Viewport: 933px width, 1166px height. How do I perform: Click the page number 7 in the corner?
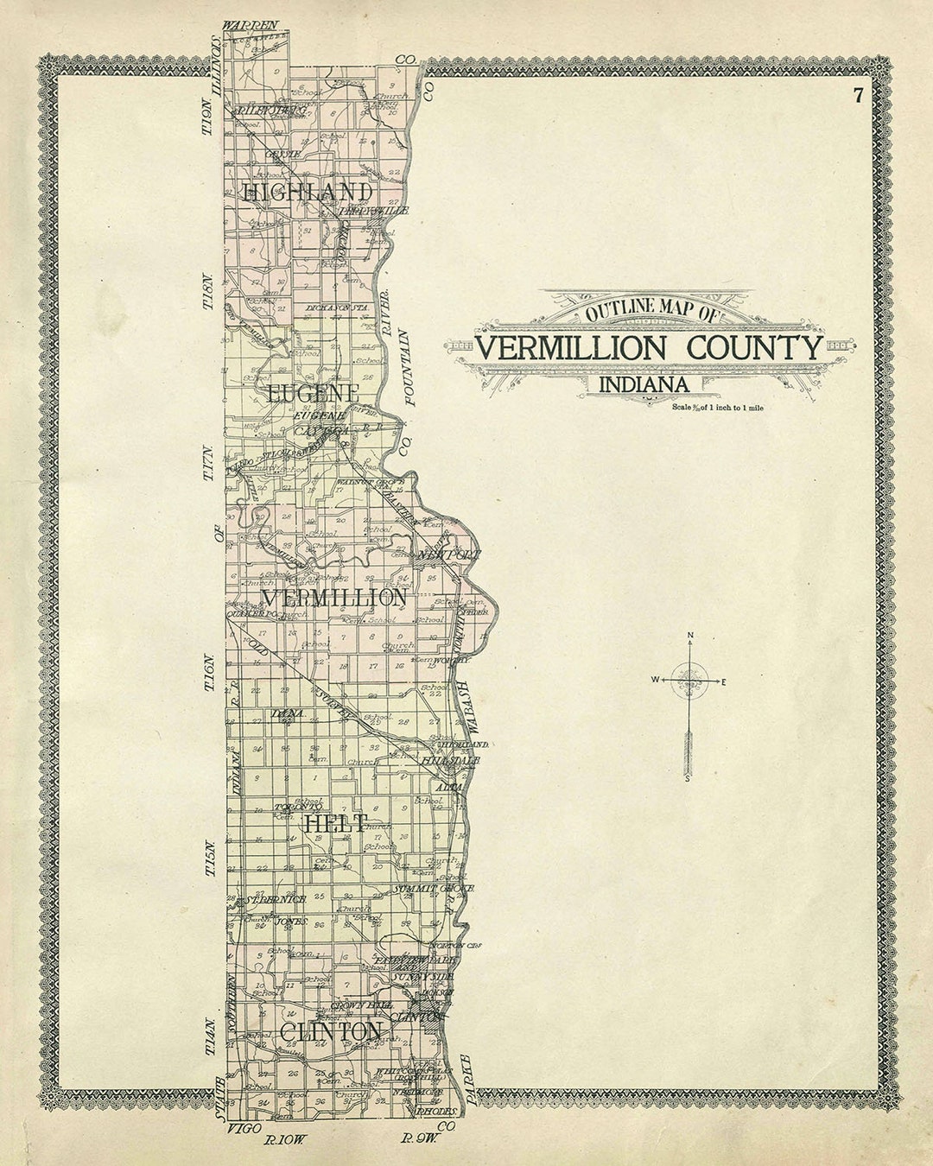pos(858,96)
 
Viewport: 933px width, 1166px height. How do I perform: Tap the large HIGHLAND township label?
pos(308,192)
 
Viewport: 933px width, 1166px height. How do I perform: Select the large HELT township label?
pos(334,823)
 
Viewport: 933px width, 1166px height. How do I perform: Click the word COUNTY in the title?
pos(754,348)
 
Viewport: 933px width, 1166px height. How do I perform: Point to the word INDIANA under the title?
pos(644,384)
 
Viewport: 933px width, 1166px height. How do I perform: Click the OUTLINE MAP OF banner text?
pos(651,312)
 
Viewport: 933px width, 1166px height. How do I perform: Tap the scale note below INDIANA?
pos(717,406)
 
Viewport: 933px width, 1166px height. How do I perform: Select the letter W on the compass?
pos(656,681)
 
